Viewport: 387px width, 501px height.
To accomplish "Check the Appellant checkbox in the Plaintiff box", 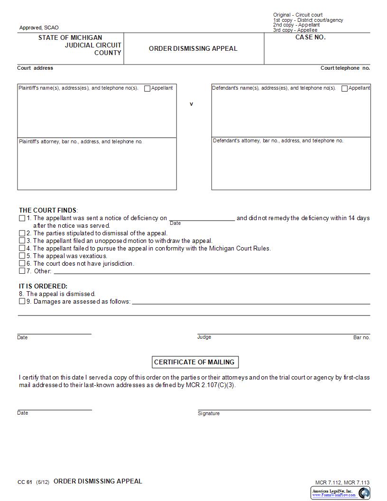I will pyautogui.click(x=147, y=88).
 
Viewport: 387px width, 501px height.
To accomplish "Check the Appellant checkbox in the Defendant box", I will pyautogui.click(x=345, y=88).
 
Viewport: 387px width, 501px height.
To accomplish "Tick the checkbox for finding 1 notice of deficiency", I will pyautogui.click(x=22, y=218).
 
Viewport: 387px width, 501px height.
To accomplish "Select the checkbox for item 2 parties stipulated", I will pyautogui.click(x=22, y=233).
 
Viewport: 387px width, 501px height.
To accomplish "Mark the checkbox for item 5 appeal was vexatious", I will pyautogui.click(x=22, y=256).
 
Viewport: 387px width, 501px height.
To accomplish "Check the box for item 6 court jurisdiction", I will pyautogui.click(x=22, y=263).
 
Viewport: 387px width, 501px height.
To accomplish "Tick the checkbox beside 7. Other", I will pyautogui.click(x=22, y=271).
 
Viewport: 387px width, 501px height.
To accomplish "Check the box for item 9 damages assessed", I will pyautogui.click(x=22, y=301).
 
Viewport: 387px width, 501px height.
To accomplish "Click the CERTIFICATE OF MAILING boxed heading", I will pyautogui.click(x=194, y=362).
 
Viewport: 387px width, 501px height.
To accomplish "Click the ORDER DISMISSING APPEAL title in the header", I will pyautogui.click(x=193, y=48).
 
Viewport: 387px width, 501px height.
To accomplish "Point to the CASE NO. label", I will pyautogui.click(x=310, y=37).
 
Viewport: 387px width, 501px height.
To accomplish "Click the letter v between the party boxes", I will pyautogui.click(x=192, y=104).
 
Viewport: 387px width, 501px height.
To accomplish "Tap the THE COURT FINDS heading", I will pyautogui.click(x=48, y=210).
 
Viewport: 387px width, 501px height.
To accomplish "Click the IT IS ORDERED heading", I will pyautogui.click(x=43, y=286).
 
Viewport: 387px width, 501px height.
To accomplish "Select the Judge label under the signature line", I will pyautogui.click(x=204, y=337).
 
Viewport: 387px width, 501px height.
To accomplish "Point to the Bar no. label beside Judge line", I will pyautogui.click(x=361, y=337).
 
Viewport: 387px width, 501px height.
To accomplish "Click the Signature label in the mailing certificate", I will pyautogui.click(x=209, y=413).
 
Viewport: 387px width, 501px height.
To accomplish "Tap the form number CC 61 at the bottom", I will pyautogui.click(x=25, y=482).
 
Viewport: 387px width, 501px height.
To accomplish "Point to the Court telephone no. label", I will pyautogui.click(x=345, y=68).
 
